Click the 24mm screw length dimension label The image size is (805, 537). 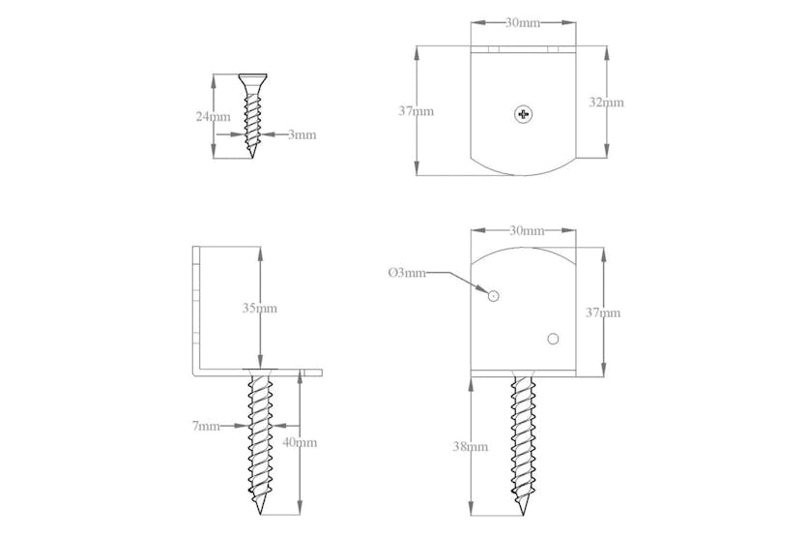[213, 117]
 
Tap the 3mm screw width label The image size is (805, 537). [302, 135]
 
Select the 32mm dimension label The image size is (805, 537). [606, 102]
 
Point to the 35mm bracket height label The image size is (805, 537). [260, 309]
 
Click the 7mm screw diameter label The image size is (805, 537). [205, 426]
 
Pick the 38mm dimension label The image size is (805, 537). [471, 447]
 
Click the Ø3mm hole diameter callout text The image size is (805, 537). [406, 274]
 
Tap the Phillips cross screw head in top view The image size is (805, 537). [524, 114]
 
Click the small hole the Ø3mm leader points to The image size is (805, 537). [493, 296]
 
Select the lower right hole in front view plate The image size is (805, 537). [553, 339]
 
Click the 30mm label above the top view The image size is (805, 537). [523, 23]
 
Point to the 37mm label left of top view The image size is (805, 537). [416, 111]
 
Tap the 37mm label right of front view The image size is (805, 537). [603, 313]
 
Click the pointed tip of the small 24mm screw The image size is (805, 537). [253, 158]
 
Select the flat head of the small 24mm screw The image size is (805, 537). [253, 77]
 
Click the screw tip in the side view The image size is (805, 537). [261, 514]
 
